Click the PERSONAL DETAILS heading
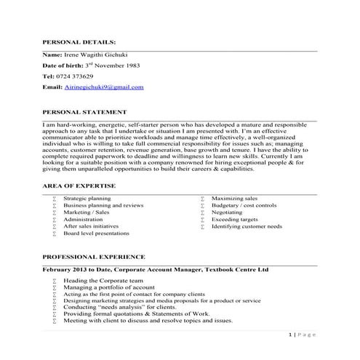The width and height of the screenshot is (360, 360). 79,43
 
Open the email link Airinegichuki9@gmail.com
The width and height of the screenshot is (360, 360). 104,87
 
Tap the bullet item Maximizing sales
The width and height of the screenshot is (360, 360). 234,198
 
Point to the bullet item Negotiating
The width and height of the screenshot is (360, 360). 228,212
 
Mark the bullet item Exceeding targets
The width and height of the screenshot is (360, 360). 234,220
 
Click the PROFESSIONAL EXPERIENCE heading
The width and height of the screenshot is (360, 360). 93,257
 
